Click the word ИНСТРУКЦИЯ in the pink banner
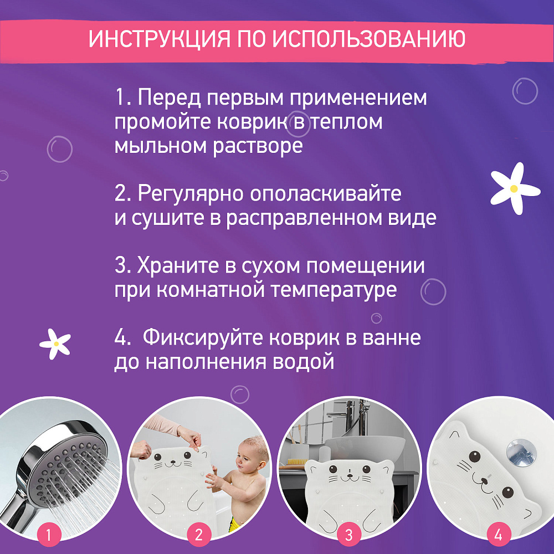[x=159, y=39]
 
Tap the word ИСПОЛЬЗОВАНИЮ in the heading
[x=368, y=39]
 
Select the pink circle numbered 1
[x=49, y=535]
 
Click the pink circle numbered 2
[x=199, y=535]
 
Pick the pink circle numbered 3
[x=348, y=535]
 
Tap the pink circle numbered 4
[x=499, y=535]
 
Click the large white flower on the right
[x=515, y=188]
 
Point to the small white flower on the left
[x=55, y=344]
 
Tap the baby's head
[x=252, y=455]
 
